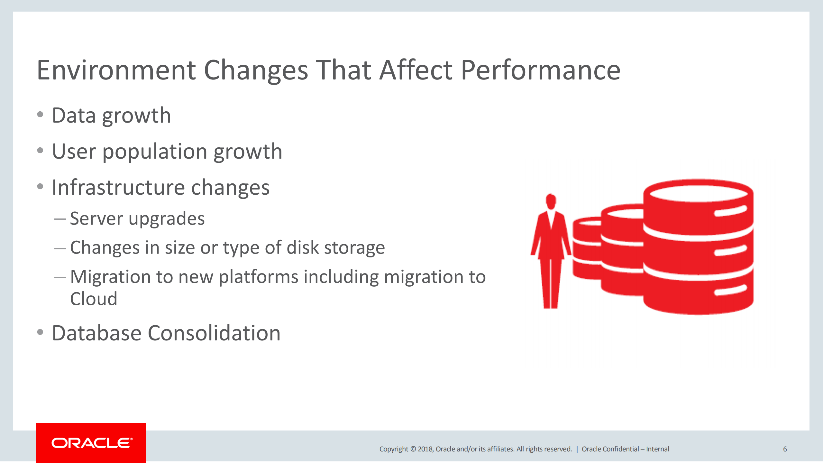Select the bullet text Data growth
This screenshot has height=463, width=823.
pos(111,116)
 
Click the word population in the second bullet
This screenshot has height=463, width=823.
pos(155,152)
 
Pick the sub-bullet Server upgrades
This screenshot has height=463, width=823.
pos(137,219)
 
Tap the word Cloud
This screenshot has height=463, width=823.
pos(94,299)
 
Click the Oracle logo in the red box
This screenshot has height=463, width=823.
pos(92,443)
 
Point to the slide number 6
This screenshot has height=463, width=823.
pos(785,449)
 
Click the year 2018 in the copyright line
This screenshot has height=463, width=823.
pos(425,449)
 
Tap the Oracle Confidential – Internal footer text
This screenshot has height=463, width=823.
pos(625,449)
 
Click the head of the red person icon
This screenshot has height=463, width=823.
pos(551,201)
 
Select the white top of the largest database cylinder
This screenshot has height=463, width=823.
pos(698,193)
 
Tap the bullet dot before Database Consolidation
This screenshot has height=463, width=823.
pos(40,332)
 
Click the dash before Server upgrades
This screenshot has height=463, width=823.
pos(60,219)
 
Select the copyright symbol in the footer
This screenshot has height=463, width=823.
pos(413,449)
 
